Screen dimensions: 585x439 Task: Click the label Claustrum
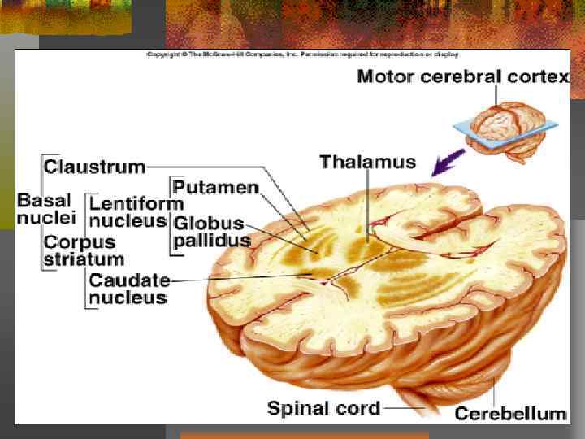point(93,167)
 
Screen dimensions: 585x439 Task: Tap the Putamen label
point(214,188)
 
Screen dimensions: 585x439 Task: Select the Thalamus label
point(367,161)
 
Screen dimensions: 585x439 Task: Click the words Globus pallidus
point(211,232)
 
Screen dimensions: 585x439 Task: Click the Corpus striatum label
point(83,250)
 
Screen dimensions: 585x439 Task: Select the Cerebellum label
point(510,414)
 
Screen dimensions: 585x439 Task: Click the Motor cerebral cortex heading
point(463,78)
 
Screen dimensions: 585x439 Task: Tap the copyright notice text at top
point(302,54)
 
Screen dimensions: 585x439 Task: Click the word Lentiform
point(136,202)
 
